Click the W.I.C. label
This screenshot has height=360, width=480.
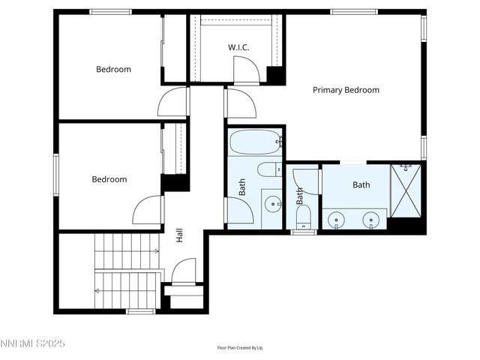pyautogui.click(x=238, y=47)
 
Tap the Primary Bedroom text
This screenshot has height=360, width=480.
pyautogui.click(x=346, y=90)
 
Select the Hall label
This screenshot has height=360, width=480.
pyautogui.click(x=180, y=235)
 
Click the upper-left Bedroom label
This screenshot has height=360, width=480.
pyautogui.click(x=113, y=69)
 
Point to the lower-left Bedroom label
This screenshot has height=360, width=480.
pyautogui.click(x=109, y=179)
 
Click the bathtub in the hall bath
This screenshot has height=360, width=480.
pyautogui.click(x=255, y=141)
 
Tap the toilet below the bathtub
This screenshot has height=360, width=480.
pyautogui.click(x=268, y=169)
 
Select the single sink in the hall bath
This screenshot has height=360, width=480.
pyautogui.click(x=272, y=202)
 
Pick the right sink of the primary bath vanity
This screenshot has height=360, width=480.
pyautogui.click(x=370, y=220)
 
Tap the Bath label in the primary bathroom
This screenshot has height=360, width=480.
pyautogui.click(x=361, y=184)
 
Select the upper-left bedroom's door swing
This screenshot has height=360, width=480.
pyautogui.click(x=173, y=102)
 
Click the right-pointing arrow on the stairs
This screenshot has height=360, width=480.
pyautogui.click(x=155, y=251)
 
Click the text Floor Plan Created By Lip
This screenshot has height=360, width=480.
pyautogui.click(x=240, y=348)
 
